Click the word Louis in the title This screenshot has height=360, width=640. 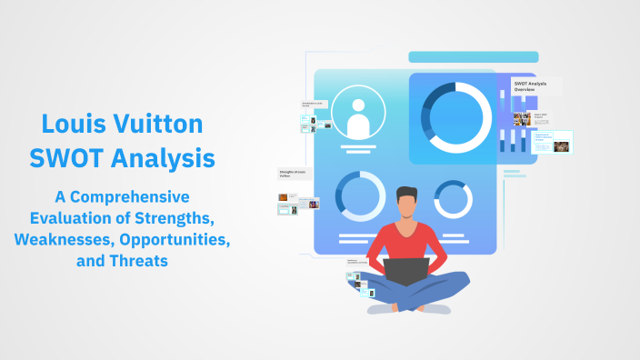coord(71,125)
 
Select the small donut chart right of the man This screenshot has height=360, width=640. coord(453,199)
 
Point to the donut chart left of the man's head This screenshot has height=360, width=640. coord(358,195)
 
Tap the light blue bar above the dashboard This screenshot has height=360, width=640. coord(473,57)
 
